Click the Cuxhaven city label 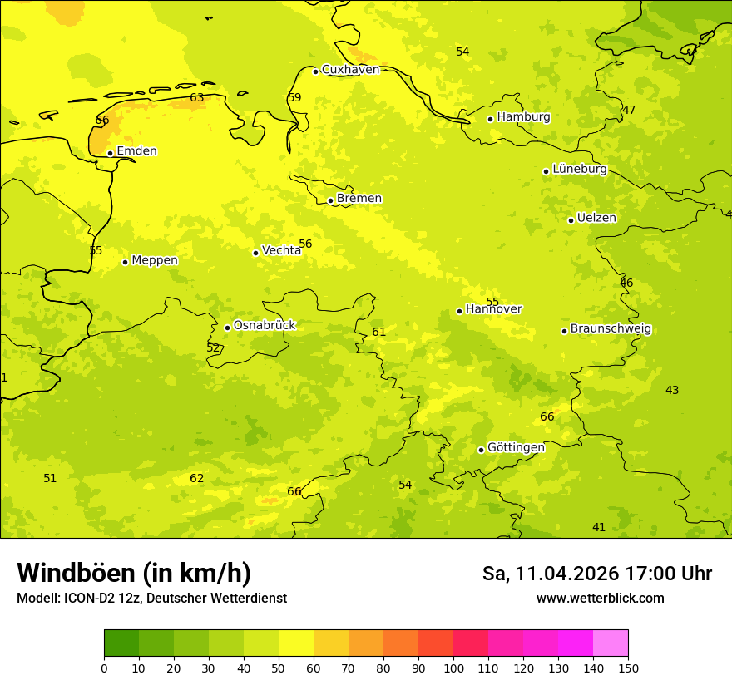[x=350, y=70]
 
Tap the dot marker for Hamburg [x=490, y=119]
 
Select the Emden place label [x=136, y=151]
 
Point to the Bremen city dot [x=330, y=200]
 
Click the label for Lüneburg [x=580, y=169]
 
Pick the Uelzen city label [x=596, y=218]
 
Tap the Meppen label [x=155, y=260]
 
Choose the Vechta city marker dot [x=255, y=253]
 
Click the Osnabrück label [x=265, y=325]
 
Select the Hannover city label [x=494, y=309]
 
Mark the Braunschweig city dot [x=564, y=331]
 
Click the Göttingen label [x=516, y=447]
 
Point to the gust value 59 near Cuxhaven [x=294, y=97]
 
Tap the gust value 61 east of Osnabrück [x=378, y=332]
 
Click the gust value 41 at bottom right [x=599, y=527]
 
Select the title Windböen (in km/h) [x=133, y=573]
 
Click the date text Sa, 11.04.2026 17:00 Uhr [x=596, y=574]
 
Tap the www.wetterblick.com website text [x=600, y=598]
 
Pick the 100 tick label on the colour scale [x=453, y=668]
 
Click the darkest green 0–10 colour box [x=121, y=643]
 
